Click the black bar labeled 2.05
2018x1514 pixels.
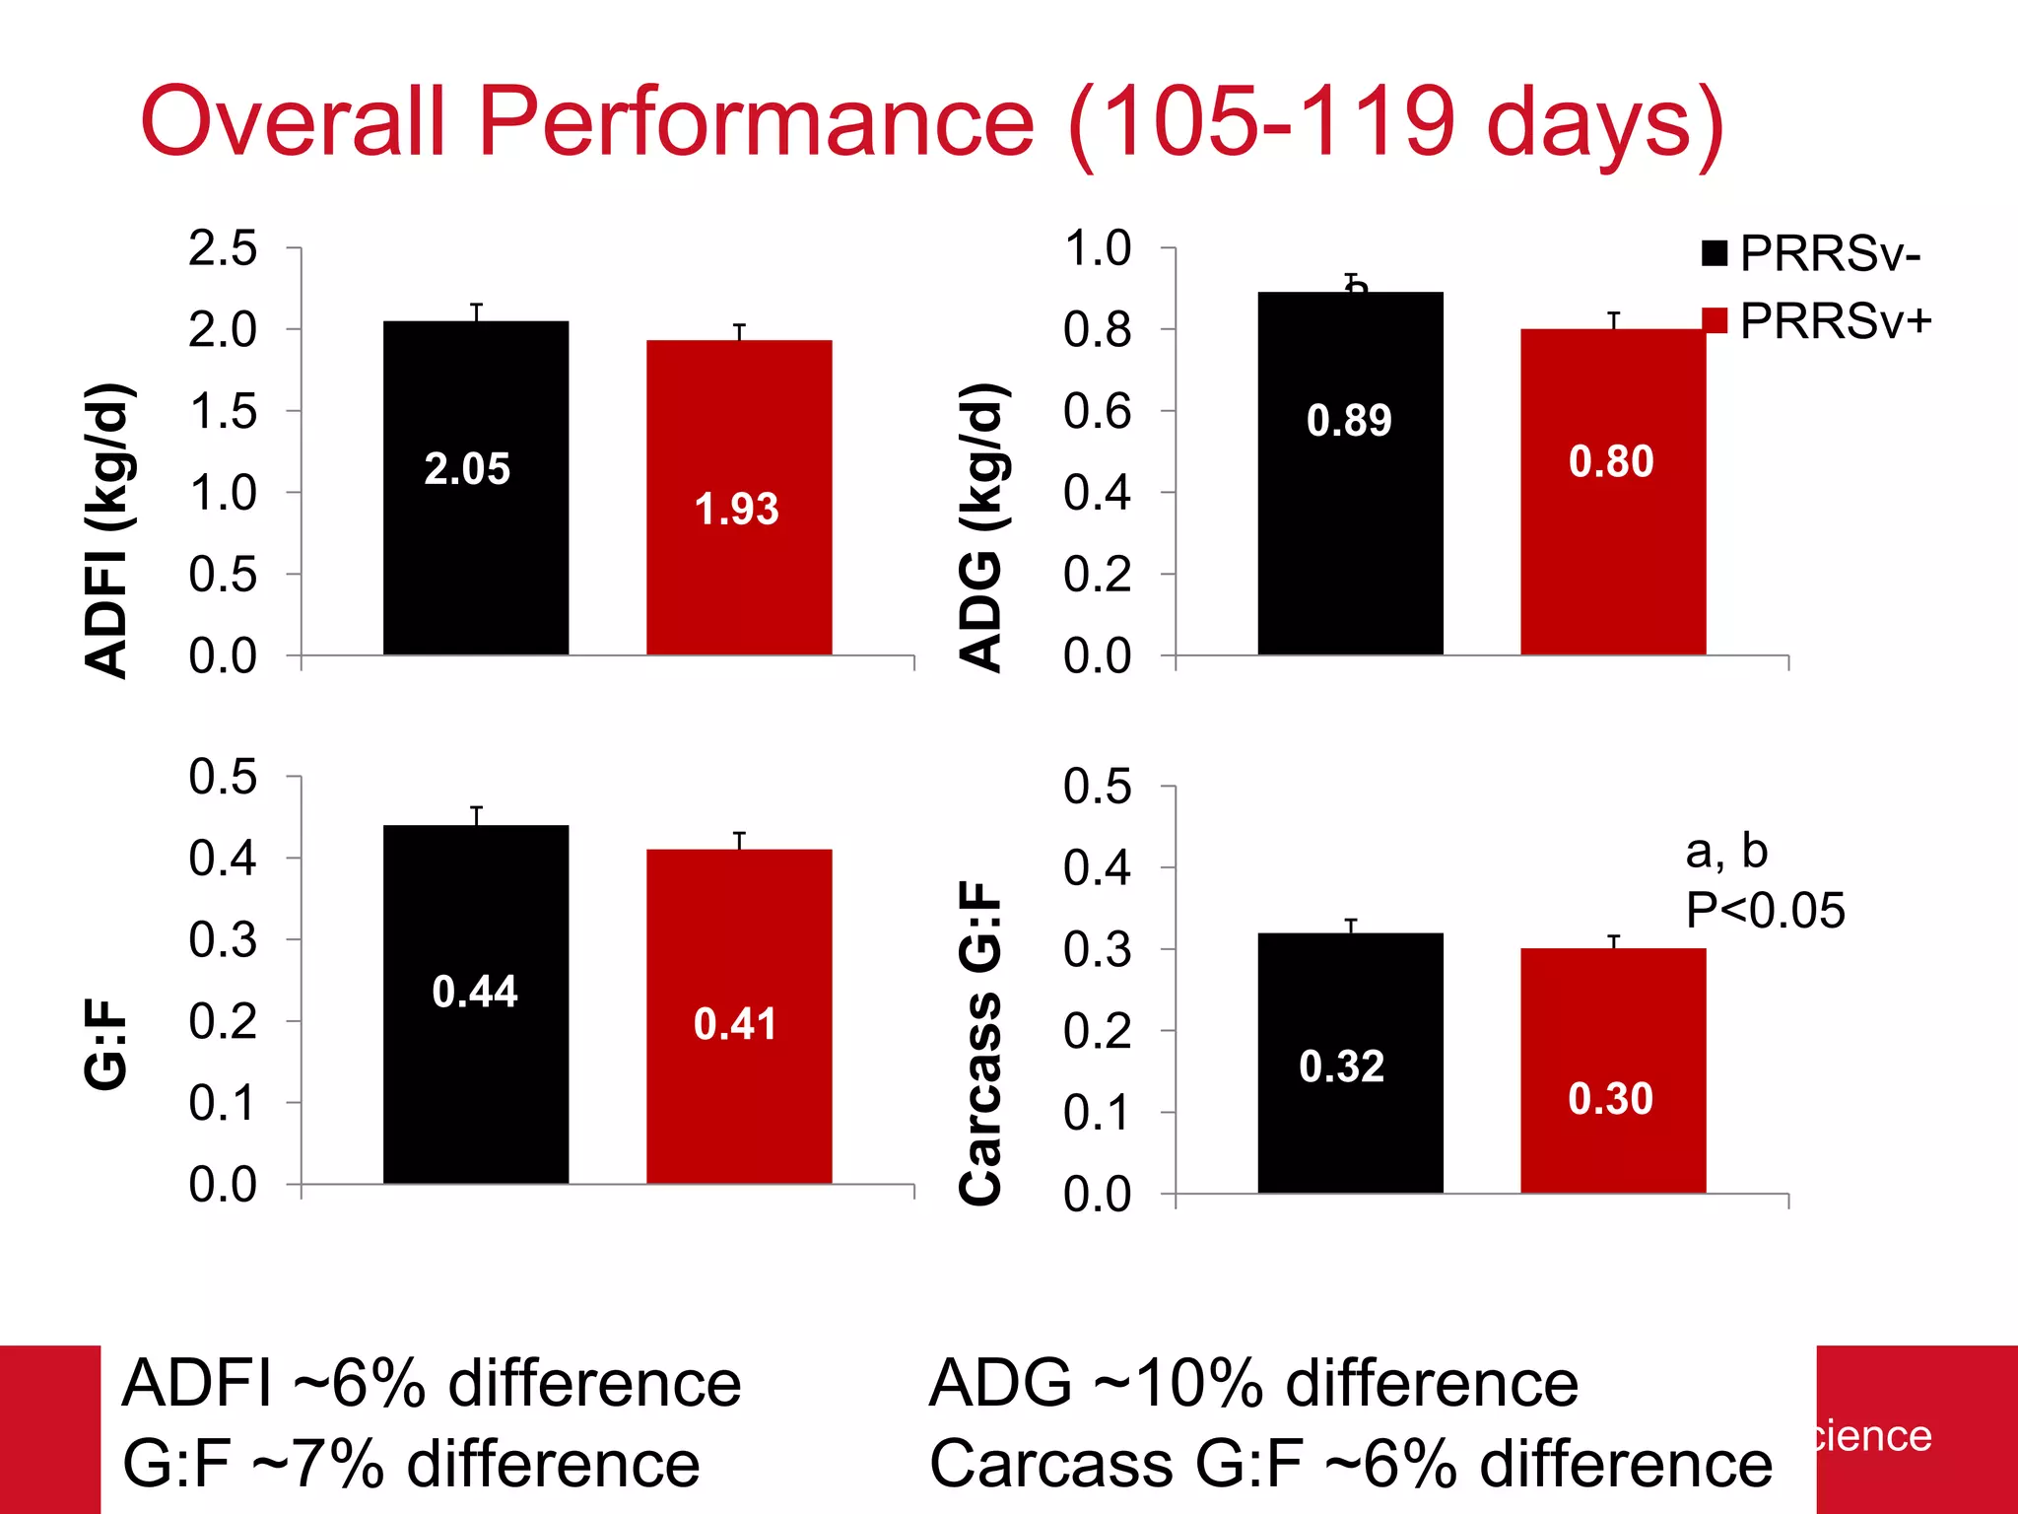pyautogui.click(x=476, y=552)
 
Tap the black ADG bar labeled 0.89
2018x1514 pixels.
pyautogui.click(x=1350, y=532)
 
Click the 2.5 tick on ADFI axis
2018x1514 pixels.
pyautogui.click(x=223, y=248)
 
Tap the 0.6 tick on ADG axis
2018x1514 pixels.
pyautogui.click(x=1097, y=411)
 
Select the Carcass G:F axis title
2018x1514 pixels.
pyautogui.click(x=980, y=1043)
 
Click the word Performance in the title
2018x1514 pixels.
pyautogui.click(x=756, y=121)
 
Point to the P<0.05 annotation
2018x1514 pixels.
pyautogui.click(x=1764, y=910)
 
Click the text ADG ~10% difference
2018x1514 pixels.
pyautogui.click(x=1252, y=1383)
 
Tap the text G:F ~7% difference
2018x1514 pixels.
pyautogui.click(x=411, y=1464)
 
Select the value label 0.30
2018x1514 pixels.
pyautogui.click(x=1610, y=1099)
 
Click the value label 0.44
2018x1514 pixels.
pyautogui.click(x=475, y=992)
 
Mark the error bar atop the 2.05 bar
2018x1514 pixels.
pyautogui.click(x=477, y=311)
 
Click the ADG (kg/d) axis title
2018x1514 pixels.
pyautogui.click(x=980, y=527)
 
